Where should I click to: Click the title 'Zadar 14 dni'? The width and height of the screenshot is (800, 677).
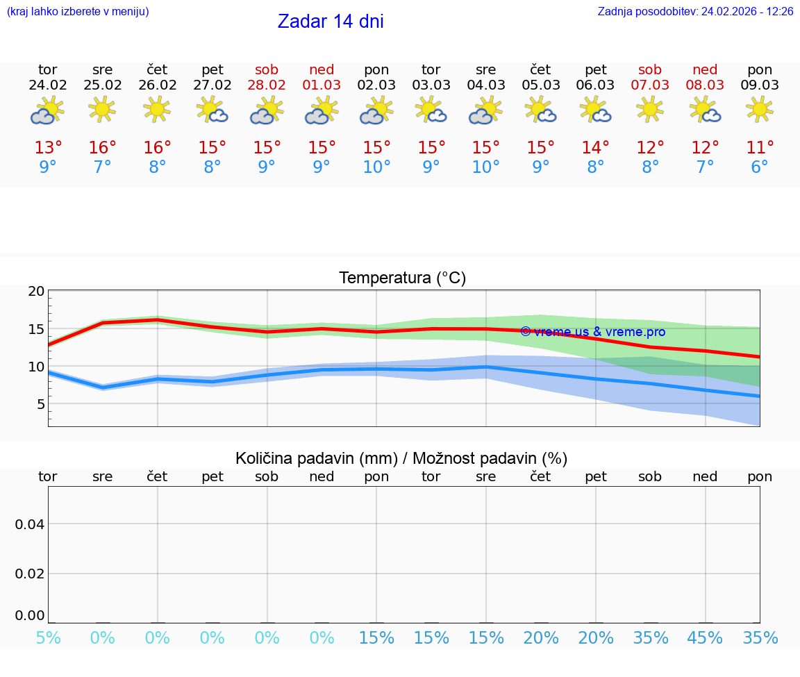click(331, 22)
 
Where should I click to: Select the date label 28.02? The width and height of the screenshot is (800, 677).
click(267, 85)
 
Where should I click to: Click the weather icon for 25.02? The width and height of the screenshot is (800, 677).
click(102, 110)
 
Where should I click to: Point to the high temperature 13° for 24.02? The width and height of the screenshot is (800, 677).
click(48, 148)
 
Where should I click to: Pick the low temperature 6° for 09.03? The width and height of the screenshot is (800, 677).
click(760, 167)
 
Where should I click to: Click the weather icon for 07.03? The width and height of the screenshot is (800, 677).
click(650, 110)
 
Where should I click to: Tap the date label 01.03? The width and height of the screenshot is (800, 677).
click(322, 85)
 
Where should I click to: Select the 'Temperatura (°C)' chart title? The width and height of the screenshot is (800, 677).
click(402, 278)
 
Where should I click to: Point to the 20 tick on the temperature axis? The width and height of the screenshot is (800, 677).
click(36, 292)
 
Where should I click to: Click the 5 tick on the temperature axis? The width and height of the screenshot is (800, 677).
click(40, 404)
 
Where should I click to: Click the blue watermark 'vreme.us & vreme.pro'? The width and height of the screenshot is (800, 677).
click(592, 332)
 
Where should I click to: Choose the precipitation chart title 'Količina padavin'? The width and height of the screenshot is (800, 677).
click(401, 458)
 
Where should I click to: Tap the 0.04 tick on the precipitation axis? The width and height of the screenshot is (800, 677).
click(31, 524)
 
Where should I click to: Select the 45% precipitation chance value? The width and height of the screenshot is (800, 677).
click(705, 638)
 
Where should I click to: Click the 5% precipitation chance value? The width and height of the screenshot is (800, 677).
click(48, 638)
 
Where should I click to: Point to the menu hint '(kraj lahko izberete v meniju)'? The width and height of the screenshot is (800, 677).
click(78, 12)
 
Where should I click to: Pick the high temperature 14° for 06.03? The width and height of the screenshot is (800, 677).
click(595, 148)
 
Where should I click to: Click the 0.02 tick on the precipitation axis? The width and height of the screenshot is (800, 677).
click(31, 574)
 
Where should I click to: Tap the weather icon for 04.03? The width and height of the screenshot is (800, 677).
click(485, 110)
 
